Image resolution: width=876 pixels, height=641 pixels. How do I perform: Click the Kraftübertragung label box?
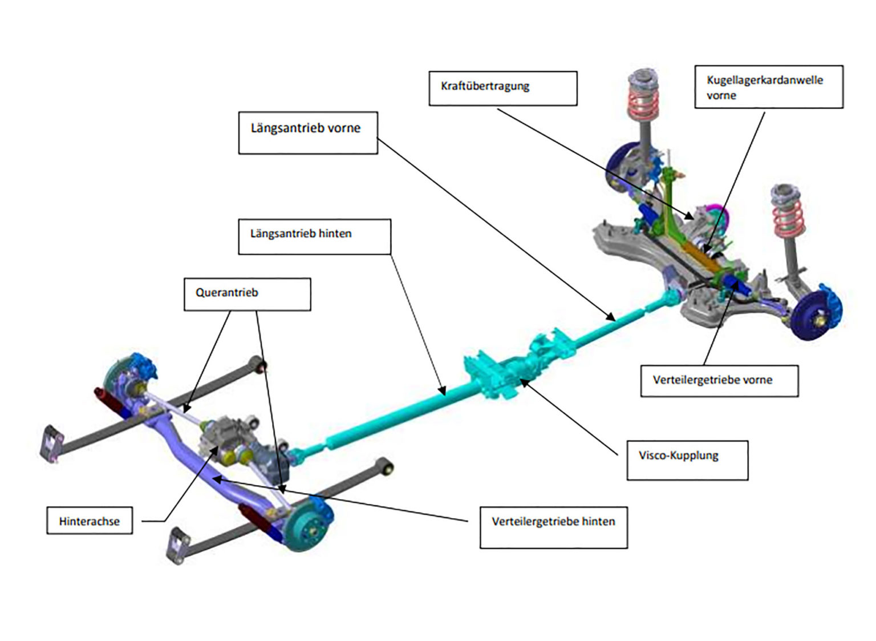[x=502, y=88]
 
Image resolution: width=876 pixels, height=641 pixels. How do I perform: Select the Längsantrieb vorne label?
[x=307, y=132]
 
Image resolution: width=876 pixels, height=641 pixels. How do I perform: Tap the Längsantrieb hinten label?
[x=314, y=236]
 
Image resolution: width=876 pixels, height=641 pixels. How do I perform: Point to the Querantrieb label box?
[x=247, y=294]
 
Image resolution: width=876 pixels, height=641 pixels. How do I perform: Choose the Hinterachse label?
[x=90, y=520]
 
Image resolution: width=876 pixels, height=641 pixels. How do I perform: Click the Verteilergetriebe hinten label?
[x=553, y=527]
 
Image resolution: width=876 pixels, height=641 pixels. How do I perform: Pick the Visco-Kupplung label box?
[x=687, y=459]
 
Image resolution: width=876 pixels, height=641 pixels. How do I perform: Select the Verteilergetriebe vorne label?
[x=717, y=381]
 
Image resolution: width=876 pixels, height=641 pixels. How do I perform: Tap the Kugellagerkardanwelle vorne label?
[x=768, y=87]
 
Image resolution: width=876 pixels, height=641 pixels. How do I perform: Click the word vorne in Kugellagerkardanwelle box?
[x=721, y=96]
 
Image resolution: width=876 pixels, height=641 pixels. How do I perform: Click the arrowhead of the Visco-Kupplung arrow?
[x=523, y=382]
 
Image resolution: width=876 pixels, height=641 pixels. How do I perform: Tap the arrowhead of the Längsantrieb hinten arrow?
[x=443, y=392]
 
